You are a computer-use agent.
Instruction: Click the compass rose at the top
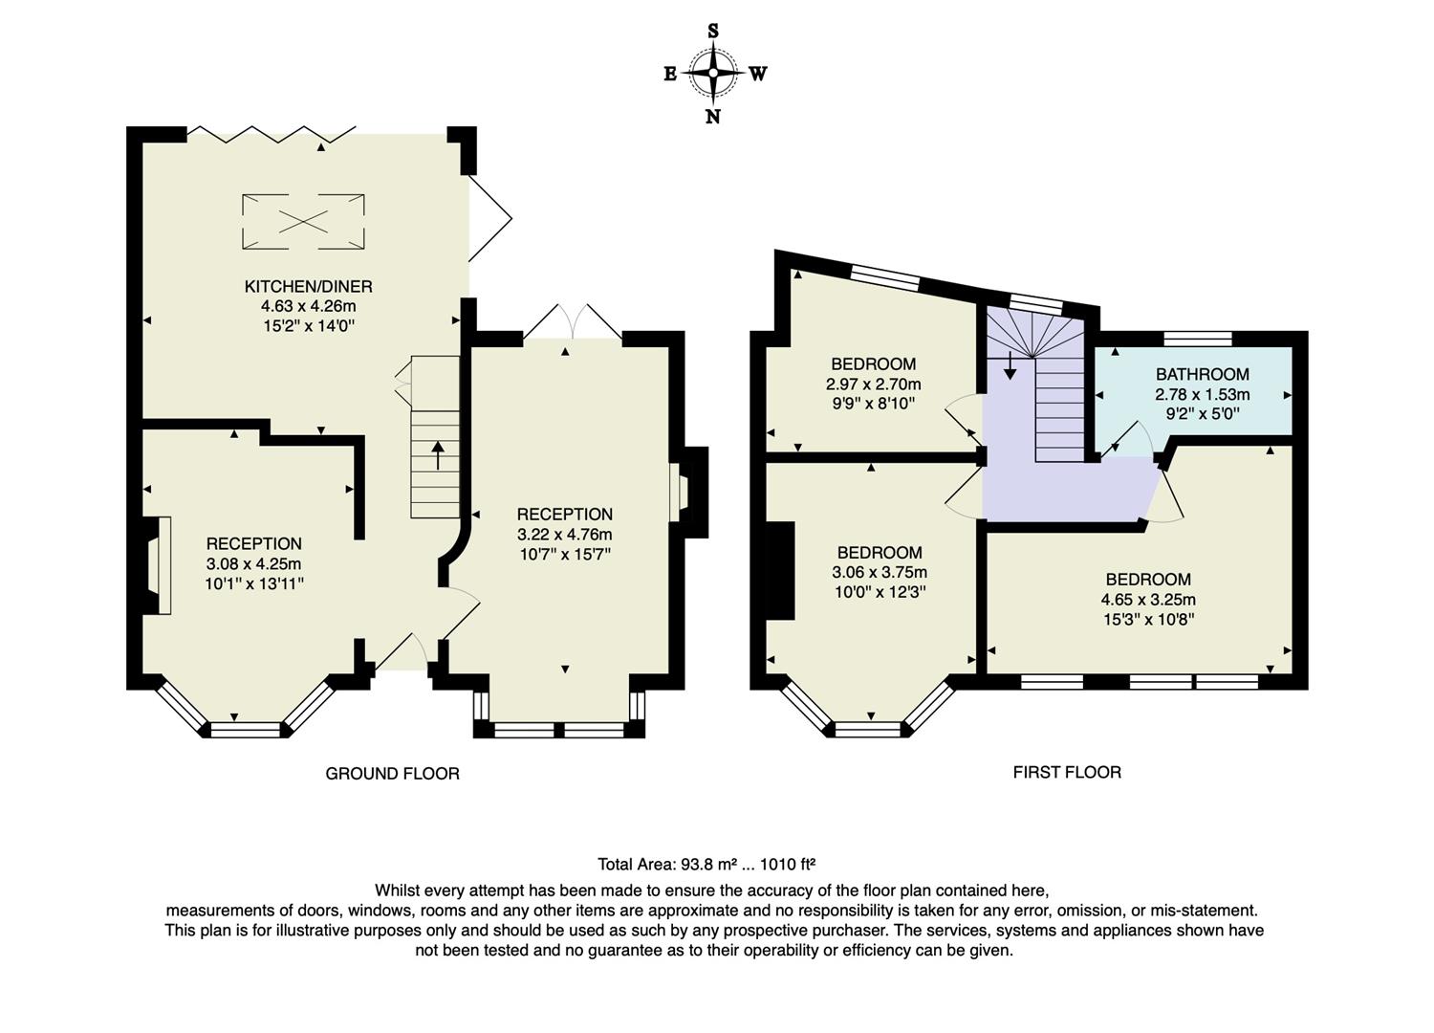[x=713, y=73]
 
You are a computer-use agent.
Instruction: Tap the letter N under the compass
[x=713, y=117]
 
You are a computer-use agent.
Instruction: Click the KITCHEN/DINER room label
[x=308, y=286]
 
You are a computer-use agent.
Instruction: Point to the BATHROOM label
[x=1202, y=374]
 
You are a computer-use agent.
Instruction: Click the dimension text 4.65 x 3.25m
[x=1148, y=600]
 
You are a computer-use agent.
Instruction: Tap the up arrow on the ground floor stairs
[x=438, y=455]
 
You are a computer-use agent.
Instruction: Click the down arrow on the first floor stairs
[x=1010, y=366]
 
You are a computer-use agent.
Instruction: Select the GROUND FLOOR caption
[x=392, y=773]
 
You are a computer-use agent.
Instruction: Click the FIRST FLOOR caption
[x=1067, y=772]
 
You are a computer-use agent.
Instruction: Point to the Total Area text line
[x=706, y=865]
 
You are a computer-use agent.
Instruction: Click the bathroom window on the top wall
[x=1198, y=338]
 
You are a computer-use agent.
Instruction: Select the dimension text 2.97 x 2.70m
[x=873, y=384]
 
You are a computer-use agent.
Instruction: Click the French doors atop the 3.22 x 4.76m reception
[x=573, y=323]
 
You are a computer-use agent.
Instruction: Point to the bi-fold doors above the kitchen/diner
[x=272, y=135]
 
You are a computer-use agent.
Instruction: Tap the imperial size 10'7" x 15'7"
[x=564, y=554]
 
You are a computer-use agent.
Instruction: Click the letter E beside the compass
[x=670, y=74]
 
